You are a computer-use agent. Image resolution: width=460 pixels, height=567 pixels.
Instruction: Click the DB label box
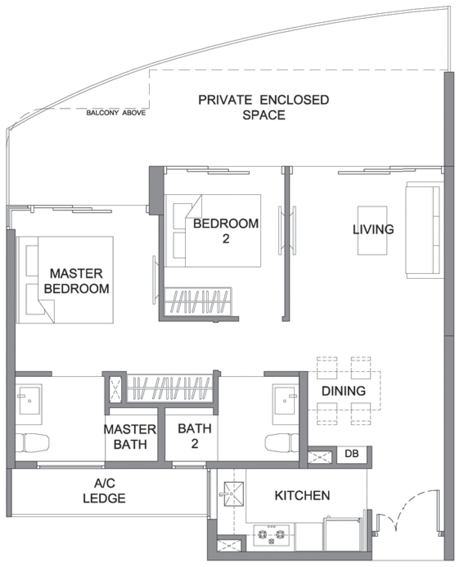tap(352, 453)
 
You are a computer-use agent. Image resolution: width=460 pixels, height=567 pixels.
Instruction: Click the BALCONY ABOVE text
tap(116, 113)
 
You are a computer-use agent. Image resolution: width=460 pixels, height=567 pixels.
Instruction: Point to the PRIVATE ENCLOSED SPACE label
tap(264, 107)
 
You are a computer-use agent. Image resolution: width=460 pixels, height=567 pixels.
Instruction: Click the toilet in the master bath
tap(32, 444)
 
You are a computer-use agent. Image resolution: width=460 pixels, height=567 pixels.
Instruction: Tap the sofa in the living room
tap(424, 230)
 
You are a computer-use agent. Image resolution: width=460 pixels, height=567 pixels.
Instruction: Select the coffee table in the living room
tap(372, 231)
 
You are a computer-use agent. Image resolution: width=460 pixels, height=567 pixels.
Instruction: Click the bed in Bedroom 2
tap(212, 231)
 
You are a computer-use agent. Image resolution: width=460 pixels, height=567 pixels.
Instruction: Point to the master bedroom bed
tap(65, 280)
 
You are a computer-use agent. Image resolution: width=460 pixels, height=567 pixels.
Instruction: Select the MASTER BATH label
tap(130, 437)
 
